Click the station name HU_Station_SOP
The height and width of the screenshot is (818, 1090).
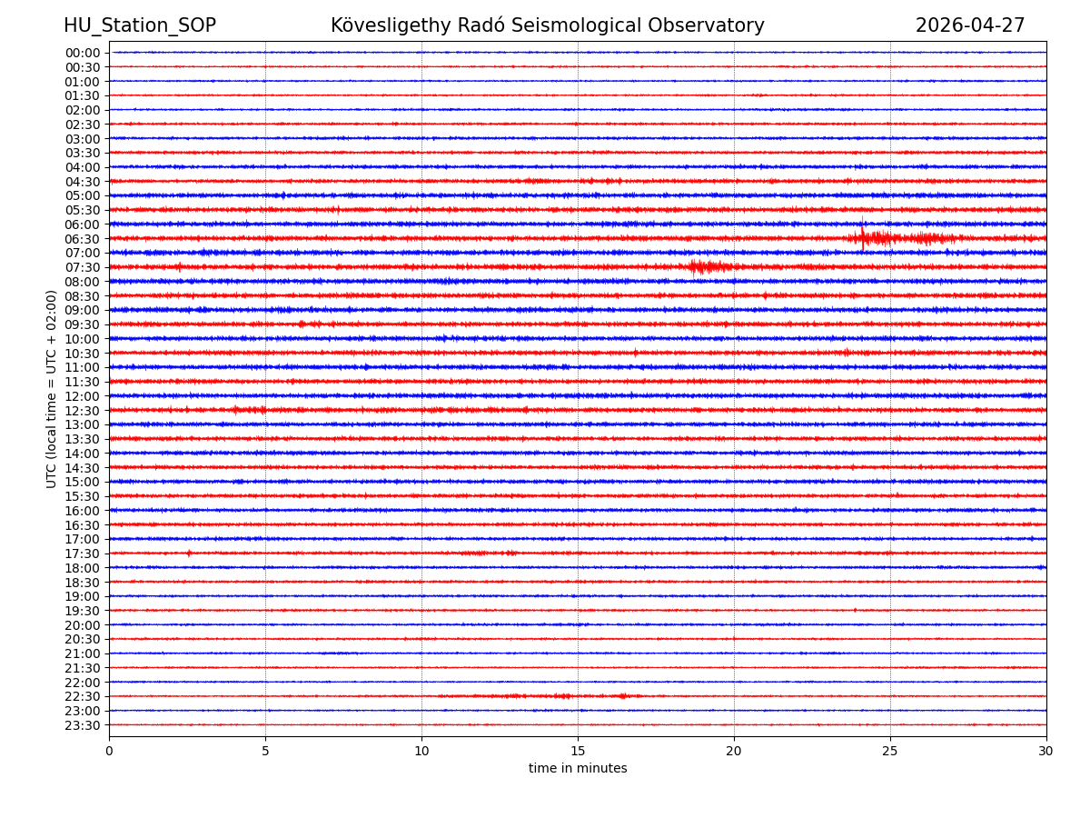click(140, 25)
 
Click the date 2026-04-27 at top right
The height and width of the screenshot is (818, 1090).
click(969, 25)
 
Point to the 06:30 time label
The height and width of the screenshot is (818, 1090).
click(83, 239)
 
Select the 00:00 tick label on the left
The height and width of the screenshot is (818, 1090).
click(83, 53)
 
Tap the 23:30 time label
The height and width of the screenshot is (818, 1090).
click(83, 725)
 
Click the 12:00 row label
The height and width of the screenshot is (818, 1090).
click(83, 396)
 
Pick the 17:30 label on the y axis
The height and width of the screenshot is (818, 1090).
click(83, 554)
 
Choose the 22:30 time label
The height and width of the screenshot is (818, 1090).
click(83, 696)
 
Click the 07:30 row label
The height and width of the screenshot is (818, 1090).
click(83, 267)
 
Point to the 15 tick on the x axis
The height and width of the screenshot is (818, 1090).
click(578, 752)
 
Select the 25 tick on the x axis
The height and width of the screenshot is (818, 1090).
click(890, 752)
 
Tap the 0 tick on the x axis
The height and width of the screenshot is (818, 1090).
click(109, 752)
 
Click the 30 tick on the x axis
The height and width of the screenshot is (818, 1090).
click(1046, 752)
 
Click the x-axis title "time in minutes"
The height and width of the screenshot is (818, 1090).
click(578, 769)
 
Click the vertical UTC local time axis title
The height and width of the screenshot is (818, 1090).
click(53, 389)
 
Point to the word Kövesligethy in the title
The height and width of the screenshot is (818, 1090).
click(391, 25)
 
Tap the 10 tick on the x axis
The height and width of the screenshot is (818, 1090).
click(421, 752)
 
